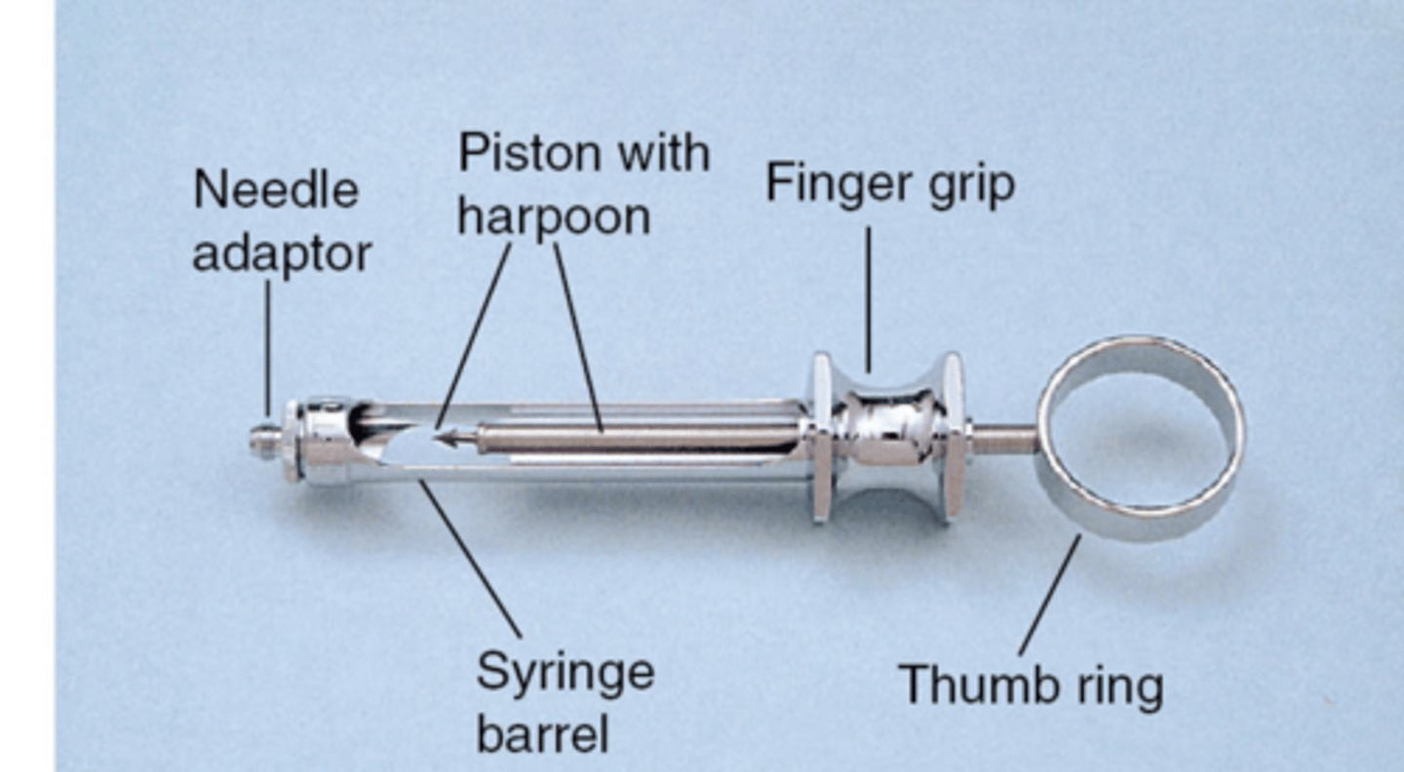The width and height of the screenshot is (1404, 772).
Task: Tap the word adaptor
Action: pyautogui.click(x=282, y=254)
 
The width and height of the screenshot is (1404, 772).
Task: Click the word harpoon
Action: pyautogui.click(x=553, y=216)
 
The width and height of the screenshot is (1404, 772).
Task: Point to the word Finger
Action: pyautogui.click(x=833, y=182)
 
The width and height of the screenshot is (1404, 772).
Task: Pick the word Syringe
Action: pyautogui.click(x=565, y=673)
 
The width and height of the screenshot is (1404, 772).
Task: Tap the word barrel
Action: pyautogui.click(x=542, y=733)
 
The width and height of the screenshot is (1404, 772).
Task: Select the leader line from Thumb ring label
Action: pyautogui.click(x=1049, y=595)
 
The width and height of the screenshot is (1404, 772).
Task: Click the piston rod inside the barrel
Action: pyautogui.click(x=634, y=439)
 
